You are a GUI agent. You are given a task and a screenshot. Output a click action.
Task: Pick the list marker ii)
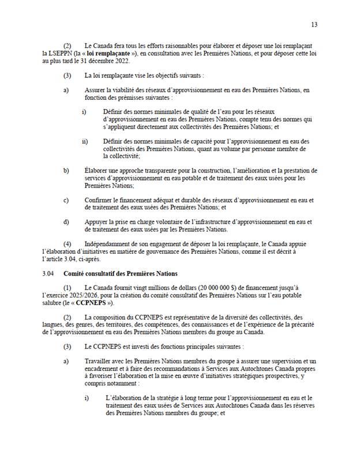(x=85, y=141)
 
